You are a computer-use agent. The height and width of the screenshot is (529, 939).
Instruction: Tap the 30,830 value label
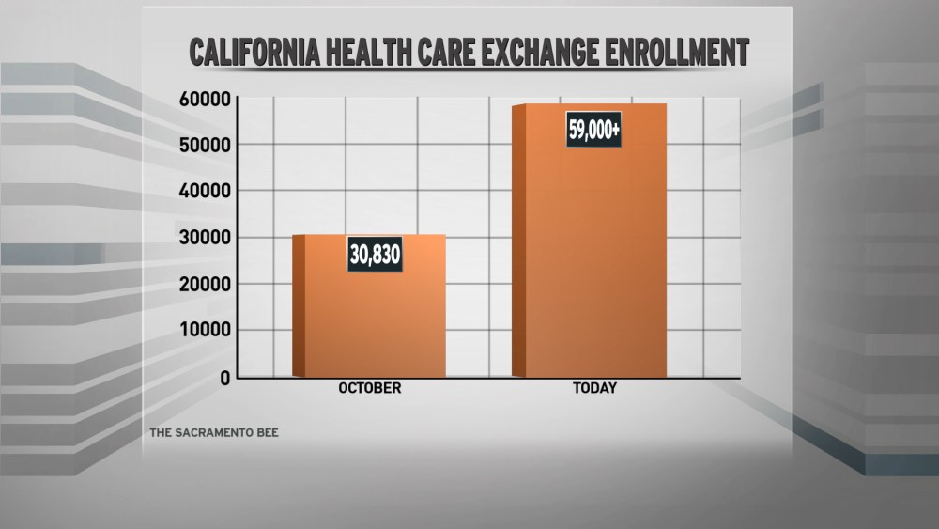[375, 255]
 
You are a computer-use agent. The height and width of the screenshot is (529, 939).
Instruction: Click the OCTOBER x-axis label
[369, 388]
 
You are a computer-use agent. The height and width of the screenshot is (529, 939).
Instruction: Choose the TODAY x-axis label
[594, 388]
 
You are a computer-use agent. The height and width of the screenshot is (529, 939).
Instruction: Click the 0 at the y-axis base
[225, 378]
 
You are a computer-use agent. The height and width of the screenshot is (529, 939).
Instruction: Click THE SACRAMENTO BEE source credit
[214, 434]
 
